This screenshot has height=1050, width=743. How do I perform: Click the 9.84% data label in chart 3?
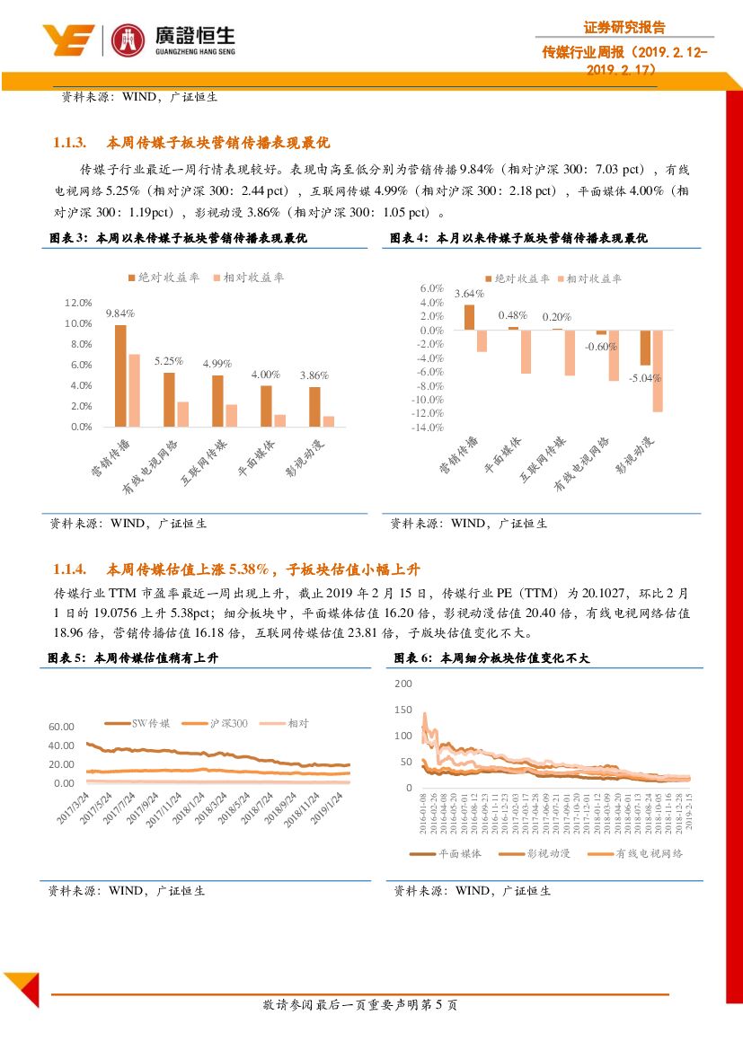click(119, 313)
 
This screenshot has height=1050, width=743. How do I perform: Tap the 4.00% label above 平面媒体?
click(266, 374)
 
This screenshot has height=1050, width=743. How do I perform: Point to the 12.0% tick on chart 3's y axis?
click(78, 303)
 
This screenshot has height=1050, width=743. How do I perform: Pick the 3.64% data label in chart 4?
click(469, 294)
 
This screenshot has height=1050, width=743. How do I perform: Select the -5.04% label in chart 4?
click(645, 378)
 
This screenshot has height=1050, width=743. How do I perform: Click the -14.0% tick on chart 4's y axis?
click(428, 428)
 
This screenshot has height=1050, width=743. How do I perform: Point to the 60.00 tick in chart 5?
click(62, 727)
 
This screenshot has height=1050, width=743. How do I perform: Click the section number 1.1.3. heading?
click(69, 142)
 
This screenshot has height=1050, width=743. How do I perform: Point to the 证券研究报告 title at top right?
click(624, 28)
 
